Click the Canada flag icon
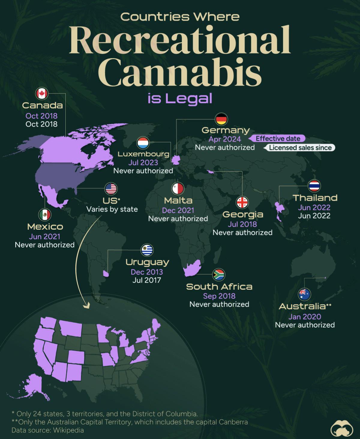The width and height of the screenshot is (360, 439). pos(42,94)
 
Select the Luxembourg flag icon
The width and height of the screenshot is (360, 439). pos(143,143)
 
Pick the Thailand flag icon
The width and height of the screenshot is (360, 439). pos(314,186)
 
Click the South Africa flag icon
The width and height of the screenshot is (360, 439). pos(218,274)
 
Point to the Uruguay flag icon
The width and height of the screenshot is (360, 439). pos(147,250)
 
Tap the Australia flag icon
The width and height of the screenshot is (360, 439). pos(304,294)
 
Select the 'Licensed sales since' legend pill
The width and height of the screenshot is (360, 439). pos(300,147)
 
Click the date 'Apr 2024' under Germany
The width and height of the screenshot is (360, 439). pos(225,139)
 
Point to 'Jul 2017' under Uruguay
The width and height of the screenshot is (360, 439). pos(147,280)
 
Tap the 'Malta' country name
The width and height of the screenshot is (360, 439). pos(178,200)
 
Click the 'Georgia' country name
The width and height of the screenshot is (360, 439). pos(243,214)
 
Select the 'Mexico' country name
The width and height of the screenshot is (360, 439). pos(45,226)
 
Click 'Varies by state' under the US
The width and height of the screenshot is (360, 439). pos(112,209)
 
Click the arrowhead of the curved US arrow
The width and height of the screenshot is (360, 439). pos(87,306)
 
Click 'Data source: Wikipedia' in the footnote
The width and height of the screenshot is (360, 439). pos(47,430)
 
